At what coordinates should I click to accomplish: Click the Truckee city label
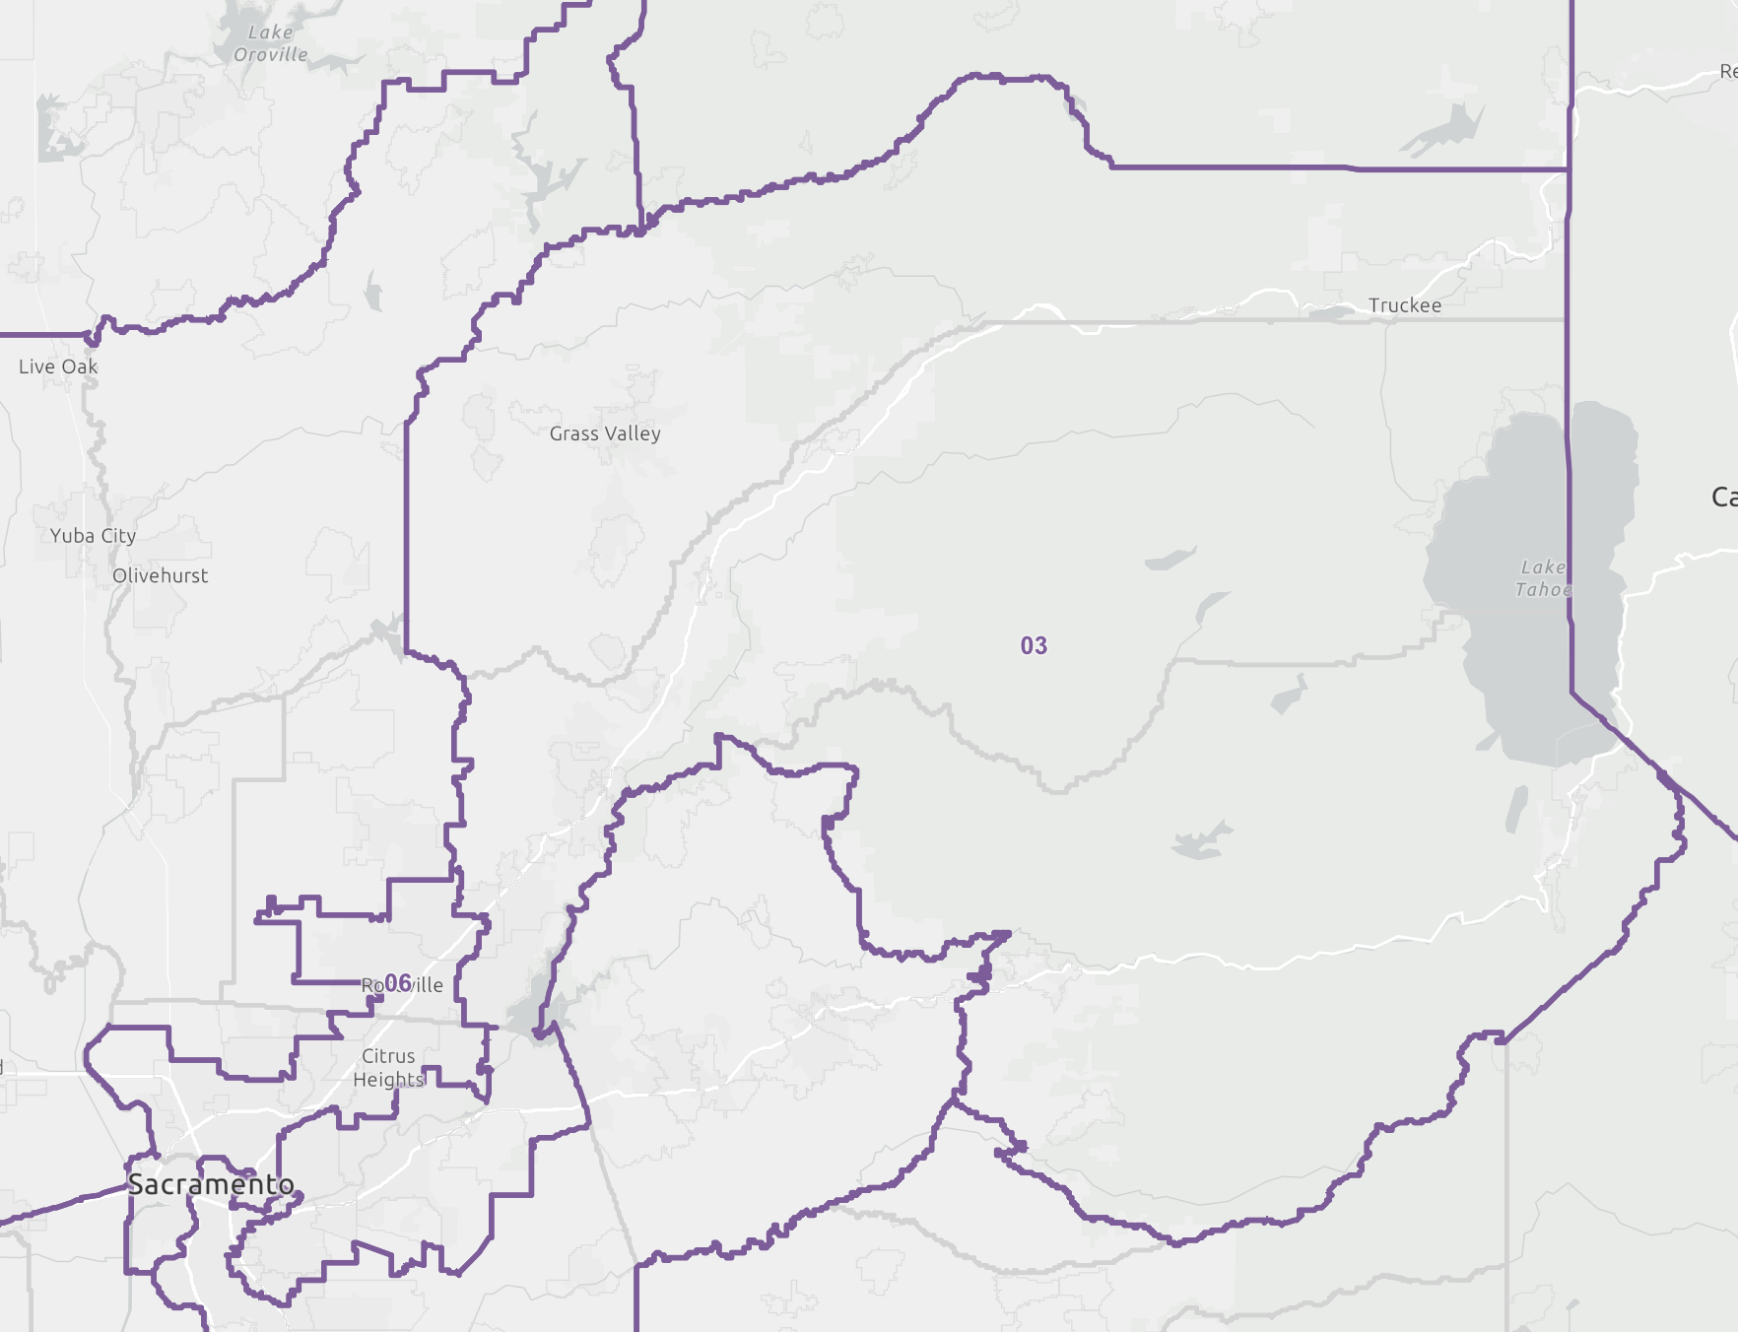(1404, 305)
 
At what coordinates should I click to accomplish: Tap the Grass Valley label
(605, 433)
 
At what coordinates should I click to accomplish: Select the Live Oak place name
(58, 366)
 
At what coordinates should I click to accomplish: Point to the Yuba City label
(93, 536)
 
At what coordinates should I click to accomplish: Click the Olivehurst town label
(160, 575)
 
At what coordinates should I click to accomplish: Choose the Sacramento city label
(211, 1184)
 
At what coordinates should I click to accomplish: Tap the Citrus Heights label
(388, 1068)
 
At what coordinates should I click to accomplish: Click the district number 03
(1034, 646)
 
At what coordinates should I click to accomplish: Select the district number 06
(398, 983)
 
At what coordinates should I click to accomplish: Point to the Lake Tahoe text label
(1543, 578)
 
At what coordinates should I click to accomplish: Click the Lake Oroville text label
(271, 43)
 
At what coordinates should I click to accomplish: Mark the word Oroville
(271, 55)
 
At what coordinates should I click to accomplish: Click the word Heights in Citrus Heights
(388, 1080)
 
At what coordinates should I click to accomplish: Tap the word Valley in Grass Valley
(633, 433)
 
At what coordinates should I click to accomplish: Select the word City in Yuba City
(118, 536)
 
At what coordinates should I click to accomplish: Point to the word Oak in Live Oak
(81, 366)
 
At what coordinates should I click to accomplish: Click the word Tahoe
(1543, 590)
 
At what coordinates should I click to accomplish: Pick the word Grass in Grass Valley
(574, 433)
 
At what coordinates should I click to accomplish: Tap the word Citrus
(388, 1056)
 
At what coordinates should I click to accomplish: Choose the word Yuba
(72, 536)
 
